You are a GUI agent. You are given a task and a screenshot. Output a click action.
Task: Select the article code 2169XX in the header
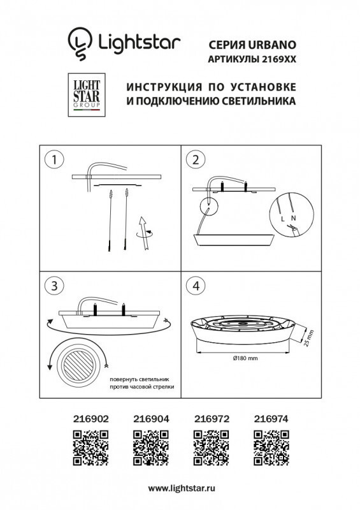pos(280,59)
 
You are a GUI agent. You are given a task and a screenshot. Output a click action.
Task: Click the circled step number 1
pos(57,160)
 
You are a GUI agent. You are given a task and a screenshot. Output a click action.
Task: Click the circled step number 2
pos(196,160)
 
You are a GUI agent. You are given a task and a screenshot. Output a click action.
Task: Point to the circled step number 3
pos(57,286)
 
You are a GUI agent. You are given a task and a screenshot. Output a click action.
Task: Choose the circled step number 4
pos(196,286)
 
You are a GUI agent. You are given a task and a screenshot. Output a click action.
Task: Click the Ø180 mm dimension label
pos(241,359)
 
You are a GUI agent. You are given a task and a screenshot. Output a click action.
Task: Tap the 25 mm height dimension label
pos(308,337)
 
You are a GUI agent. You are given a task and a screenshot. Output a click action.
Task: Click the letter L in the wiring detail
pos(282,219)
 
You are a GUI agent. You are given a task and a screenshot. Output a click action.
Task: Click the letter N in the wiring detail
pos(293,219)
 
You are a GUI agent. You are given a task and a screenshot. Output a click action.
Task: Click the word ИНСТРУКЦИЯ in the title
pos(157,87)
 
